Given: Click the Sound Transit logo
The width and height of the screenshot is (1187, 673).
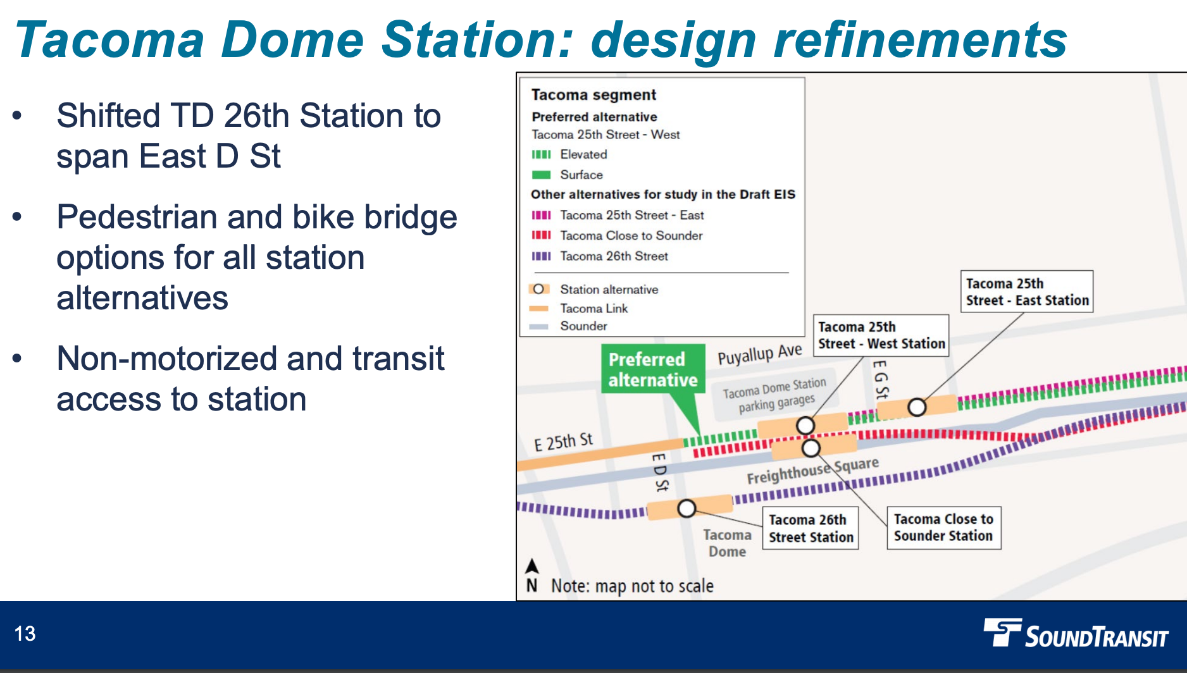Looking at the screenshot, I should pos(1076,634).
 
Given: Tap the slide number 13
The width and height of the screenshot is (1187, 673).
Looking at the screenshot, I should pos(25,634).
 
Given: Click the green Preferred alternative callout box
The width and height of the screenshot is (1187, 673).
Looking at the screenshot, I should pos(652,369).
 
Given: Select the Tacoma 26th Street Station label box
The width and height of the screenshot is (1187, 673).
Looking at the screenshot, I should pos(810,528).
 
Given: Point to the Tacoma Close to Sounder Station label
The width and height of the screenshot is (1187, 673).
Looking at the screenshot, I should pos(943,528).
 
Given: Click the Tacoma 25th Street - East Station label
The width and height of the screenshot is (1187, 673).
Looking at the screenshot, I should pos(1026,292).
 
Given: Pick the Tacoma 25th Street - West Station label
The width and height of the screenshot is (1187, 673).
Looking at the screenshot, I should pos(880,335).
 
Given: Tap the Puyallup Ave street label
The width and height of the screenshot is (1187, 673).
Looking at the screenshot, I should pos(759,354).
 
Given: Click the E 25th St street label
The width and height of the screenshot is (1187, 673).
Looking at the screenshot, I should pos(563,441).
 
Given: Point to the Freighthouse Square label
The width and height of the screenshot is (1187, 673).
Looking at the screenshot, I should pos(812,471).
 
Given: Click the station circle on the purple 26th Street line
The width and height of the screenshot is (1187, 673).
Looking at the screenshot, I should pos(687,508).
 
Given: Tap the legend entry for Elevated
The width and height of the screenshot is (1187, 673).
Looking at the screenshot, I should pos(583,154).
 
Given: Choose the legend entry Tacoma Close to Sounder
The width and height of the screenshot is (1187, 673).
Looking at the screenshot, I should pos(631,235).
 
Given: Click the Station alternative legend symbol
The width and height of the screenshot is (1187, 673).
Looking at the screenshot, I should pos(538,289).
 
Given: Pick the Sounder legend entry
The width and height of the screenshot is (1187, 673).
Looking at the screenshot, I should pos(583,326).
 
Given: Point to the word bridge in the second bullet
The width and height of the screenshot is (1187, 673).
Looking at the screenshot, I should pos(411,217).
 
